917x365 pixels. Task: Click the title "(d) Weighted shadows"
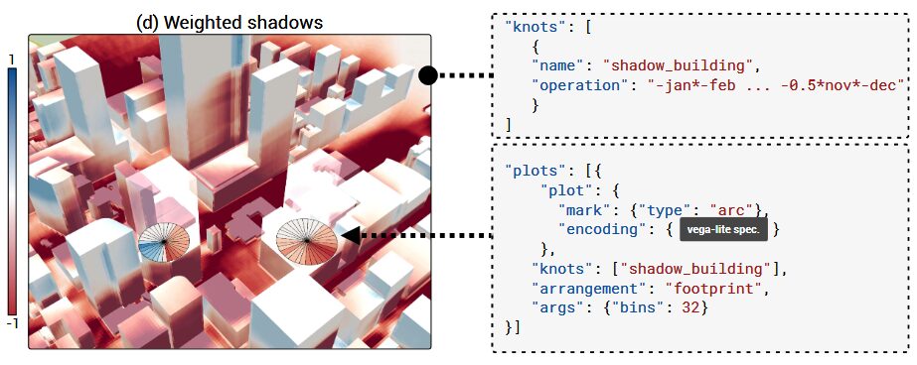pos(229,22)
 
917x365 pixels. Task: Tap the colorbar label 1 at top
pos(11,60)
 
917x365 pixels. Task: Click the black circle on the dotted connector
pos(427,74)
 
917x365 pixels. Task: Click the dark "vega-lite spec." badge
pos(722,230)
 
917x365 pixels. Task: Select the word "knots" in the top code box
pos(537,27)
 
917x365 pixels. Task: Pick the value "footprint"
pos(710,288)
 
